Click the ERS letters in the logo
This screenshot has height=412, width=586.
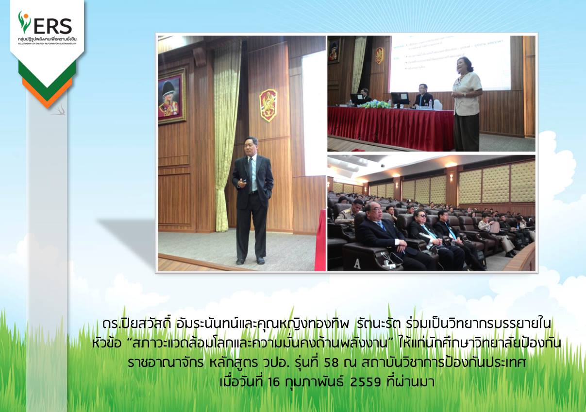point(53,26)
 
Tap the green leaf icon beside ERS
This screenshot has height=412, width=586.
point(24,22)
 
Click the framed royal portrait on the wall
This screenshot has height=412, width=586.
point(171,96)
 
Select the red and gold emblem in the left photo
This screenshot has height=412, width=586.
point(268,105)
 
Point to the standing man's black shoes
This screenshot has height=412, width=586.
point(251,260)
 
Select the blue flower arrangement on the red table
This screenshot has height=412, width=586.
point(374,104)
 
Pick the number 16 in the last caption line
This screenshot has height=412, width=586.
point(274,382)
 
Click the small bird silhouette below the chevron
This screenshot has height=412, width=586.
point(59,110)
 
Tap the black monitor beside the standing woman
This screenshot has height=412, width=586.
point(400,99)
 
